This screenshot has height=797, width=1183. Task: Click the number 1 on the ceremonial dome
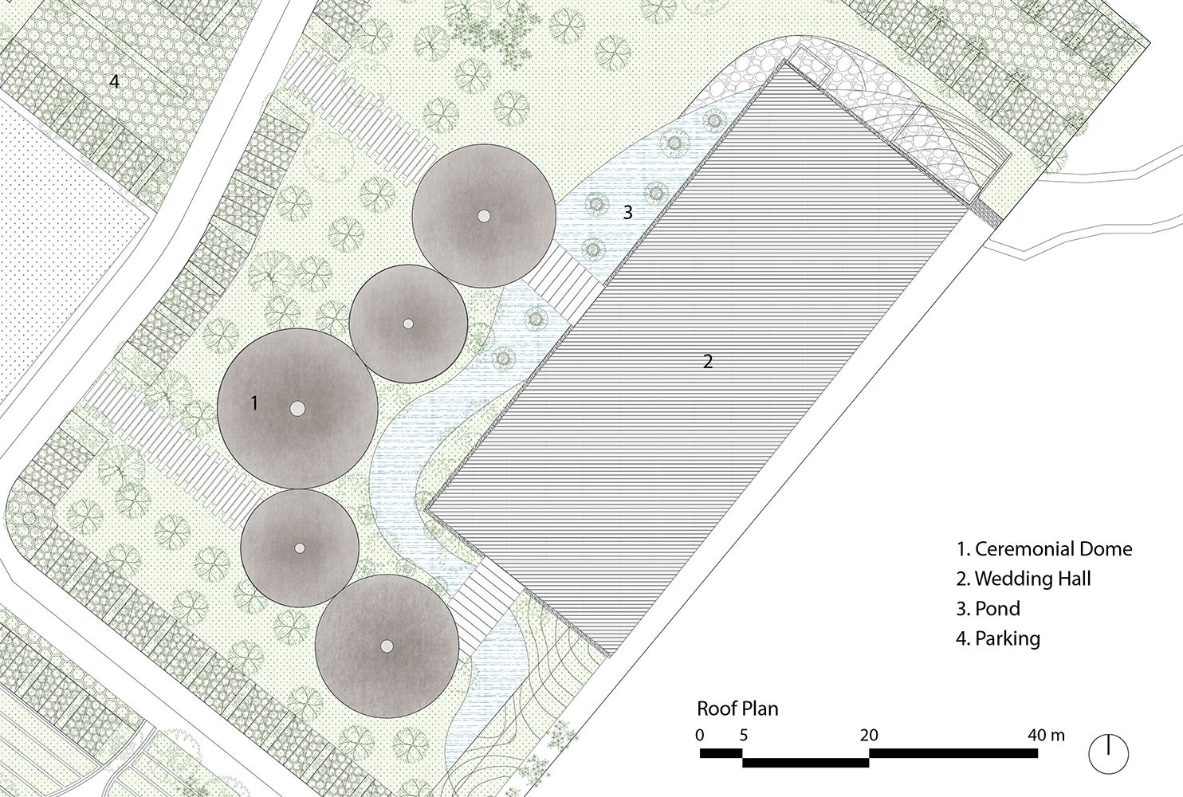(254, 403)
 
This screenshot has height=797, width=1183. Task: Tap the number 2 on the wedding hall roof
(708, 361)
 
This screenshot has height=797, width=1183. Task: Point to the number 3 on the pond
(627, 212)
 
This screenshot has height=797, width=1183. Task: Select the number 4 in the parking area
(114, 81)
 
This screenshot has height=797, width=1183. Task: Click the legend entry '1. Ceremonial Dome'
(1044, 549)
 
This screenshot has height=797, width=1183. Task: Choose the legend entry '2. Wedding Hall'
(1023, 579)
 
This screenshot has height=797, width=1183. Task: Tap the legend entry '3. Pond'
(988, 608)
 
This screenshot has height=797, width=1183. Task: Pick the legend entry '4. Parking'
(997, 638)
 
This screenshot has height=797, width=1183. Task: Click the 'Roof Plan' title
(737, 709)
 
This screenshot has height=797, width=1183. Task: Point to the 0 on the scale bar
(700, 735)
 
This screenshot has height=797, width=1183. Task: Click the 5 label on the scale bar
(743, 735)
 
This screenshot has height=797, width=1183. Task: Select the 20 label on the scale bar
(869, 735)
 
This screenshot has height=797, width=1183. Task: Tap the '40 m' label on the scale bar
(1046, 735)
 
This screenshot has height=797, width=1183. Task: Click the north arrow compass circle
(1109, 754)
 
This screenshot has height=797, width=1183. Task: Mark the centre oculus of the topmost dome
(484, 216)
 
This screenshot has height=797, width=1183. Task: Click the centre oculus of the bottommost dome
(387, 646)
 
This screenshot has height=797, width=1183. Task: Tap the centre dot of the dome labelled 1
(297, 408)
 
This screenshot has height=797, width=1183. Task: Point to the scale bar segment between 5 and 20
(806, 762)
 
